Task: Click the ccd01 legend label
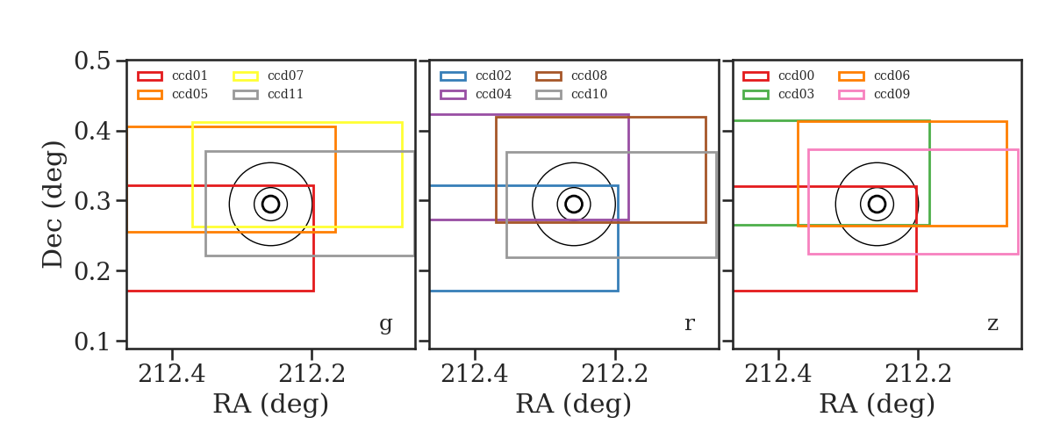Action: (x=190, y=76)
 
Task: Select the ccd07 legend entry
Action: (x=285, y=76)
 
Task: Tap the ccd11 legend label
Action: (x=285, y=94)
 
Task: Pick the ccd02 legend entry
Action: (x=493, y=76)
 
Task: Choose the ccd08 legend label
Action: (x=589, y=76)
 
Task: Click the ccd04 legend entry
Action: (x=493, y=94)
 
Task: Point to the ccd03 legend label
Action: (x=796, y=94)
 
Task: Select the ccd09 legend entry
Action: (x=892, y=94)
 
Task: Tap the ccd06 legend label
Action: (x=892, y=76)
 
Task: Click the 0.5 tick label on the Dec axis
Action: (x=93, y=61)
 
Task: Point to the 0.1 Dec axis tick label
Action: (x=93, y=342)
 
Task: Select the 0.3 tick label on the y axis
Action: (x=93, y=201)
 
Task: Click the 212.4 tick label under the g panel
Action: (x=172, y=374)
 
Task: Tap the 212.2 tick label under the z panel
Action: (x=918, y=374)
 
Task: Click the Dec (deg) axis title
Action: (x=52, y=205)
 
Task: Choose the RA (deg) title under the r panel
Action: (x=574, y=404)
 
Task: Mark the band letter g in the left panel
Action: (x=385, y=324)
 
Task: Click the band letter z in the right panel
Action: (x=992, y=324)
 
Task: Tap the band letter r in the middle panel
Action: (x=689, y=324)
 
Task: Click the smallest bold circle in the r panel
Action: (x=574, y=196)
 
